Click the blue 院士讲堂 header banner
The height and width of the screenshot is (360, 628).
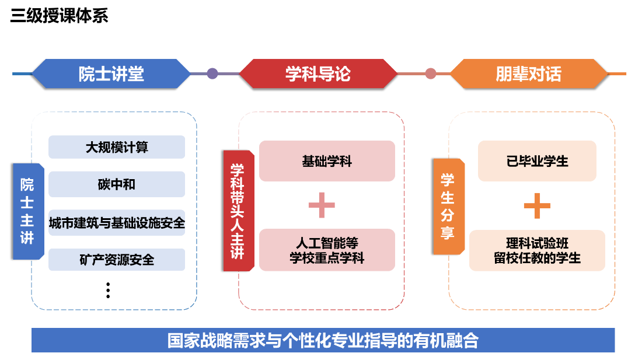click(111, 74)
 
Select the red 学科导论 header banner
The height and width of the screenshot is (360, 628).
click(318, 74)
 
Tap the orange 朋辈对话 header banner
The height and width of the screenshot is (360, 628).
click(528, 74)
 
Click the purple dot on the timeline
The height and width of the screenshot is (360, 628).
click(212, 74)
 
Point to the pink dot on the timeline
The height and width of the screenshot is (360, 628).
click(431, 74)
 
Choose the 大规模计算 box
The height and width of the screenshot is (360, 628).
click(117, 147)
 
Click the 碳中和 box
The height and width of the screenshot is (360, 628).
click(117, 184)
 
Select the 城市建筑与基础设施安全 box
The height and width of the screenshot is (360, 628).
click(117, 223)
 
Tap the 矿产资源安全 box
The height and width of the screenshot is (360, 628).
click(117, 260)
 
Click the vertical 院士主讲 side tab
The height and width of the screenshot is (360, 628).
click(27, 211)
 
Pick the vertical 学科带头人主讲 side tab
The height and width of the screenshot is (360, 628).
click(238, 211)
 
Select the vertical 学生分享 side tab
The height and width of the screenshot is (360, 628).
click(448, 207)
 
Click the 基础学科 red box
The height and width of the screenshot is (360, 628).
click(327, 161)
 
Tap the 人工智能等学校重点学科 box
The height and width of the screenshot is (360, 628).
click(327, 250)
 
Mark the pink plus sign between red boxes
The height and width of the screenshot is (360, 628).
click(322, 205)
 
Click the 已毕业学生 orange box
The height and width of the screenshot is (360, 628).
click(537, 161)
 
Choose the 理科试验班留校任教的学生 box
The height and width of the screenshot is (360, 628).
click(537, 250)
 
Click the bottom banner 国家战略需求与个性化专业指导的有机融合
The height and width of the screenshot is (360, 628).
click(323, 340)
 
